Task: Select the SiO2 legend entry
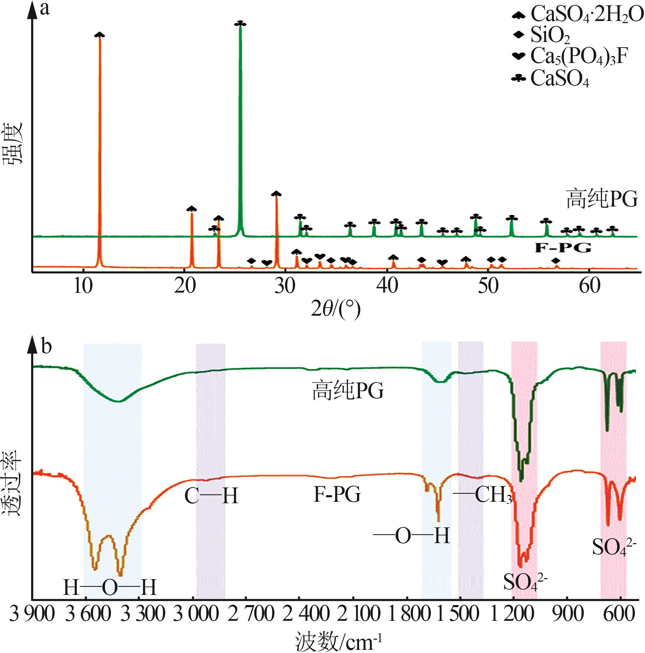click(550, 35)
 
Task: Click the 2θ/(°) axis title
click(336, 309)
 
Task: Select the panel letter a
click(45, 9)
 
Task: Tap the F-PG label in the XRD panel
click(563, 248)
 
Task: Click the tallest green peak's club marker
click(240, 23)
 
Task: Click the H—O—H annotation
click(110, 587)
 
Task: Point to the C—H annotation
click(211, 496)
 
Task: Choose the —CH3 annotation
click(483, 494)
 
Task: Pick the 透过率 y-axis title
click(13, 483)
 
